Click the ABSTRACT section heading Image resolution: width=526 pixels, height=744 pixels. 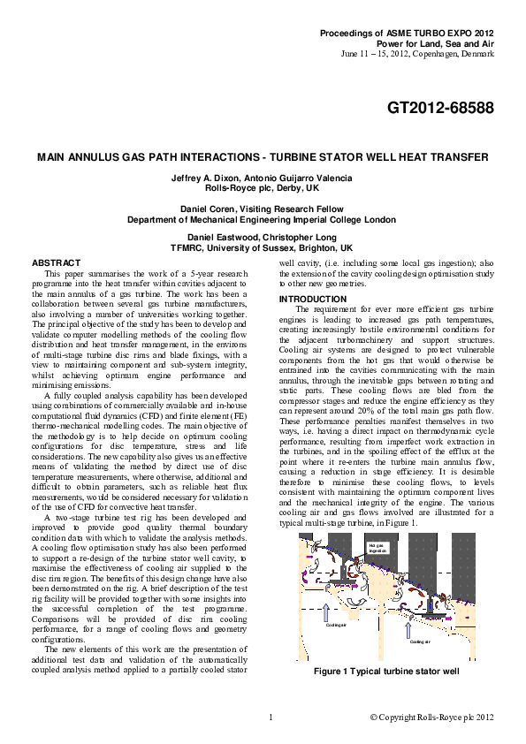click(56, 263)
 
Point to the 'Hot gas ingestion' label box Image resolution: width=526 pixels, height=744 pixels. click(378, 550)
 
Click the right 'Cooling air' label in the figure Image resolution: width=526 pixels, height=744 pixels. click(419, 642)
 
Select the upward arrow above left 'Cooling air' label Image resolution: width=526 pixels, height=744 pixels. click(325, 611)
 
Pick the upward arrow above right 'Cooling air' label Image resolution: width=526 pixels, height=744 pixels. click(407, 628)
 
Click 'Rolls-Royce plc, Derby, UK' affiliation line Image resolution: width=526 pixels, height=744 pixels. click(262, 188)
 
